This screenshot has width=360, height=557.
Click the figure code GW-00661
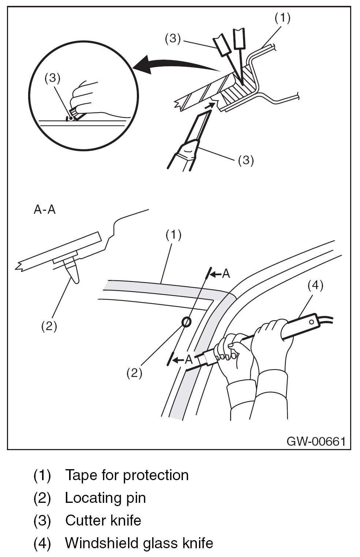316,441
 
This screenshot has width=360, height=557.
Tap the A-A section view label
45,210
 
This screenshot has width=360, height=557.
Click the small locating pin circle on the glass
186,322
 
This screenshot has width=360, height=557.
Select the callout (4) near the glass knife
315,285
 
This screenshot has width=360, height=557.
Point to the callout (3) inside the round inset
52,79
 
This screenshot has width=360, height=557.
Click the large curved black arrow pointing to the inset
172,64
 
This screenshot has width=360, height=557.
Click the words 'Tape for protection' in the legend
127,475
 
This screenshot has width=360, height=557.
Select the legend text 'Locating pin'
105,498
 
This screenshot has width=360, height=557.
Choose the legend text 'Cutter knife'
103,520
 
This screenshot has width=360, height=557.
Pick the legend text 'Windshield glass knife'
139,543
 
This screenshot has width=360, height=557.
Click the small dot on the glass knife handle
311,322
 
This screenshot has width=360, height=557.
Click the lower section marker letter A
188,359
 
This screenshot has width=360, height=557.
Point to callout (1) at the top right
282,18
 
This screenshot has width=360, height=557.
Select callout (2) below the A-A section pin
49,326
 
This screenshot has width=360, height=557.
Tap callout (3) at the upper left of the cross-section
173,39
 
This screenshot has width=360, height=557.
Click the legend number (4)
42,543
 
